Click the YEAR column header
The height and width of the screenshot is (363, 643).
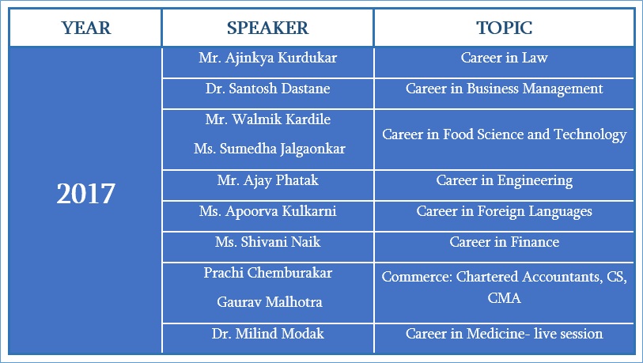(x=86, y=28)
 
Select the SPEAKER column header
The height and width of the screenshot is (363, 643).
(x=268, y=28)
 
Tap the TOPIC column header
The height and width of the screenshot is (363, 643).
(x=505, y=28)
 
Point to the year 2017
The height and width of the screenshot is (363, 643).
(x=85, y=194)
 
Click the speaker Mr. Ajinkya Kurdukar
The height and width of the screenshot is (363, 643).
(x=268, y=59)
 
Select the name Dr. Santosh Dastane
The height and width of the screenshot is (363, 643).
(x=268, y=89)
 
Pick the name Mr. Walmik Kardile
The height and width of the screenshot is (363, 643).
(x=268, y=119)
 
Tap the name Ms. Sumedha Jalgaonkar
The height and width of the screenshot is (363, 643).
(x=270, y=149)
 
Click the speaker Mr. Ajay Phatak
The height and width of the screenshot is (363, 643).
(x=268, y=181)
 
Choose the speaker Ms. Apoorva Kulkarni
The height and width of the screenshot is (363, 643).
(x=268, y=212)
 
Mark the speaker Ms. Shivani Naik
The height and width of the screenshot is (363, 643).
(x=268, y=242)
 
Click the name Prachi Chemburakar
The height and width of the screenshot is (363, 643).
(x=268, y=273)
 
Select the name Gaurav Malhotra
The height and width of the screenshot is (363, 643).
(x=270, y=302)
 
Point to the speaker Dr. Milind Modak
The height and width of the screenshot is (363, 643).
(x=268, y=334)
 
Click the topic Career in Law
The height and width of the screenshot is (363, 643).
(x=505, y=58)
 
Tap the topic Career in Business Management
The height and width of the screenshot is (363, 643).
(x=505, y=89)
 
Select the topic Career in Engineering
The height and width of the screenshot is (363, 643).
(x=505, y=181)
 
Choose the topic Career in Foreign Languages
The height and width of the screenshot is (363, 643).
(x=505, y=212)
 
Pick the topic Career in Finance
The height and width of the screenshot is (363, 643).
(x=505, y=242)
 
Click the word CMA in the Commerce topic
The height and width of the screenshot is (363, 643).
(x=505, y=298)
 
